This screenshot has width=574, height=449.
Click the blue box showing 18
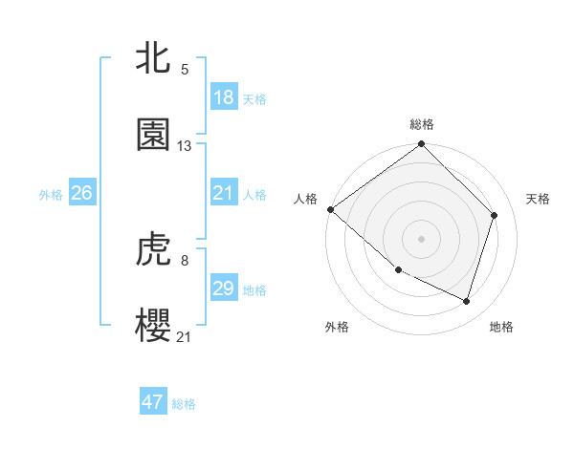(223, 97)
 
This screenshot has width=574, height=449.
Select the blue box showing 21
(223, 193)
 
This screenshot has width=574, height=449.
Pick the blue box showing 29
(223, 289)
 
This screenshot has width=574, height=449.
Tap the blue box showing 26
(82, 193)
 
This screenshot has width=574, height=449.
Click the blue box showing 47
(153, 402)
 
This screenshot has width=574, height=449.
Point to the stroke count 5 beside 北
(185, 70)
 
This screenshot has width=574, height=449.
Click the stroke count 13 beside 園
(185, 146)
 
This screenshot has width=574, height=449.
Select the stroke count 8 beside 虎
(185, 260)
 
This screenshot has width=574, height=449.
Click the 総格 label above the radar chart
(422, 124)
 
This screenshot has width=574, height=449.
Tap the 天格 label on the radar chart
(538, 199)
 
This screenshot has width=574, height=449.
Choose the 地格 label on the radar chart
(501, 327)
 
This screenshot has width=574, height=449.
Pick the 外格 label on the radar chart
(337, 327)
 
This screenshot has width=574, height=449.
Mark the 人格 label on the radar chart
(305, 199)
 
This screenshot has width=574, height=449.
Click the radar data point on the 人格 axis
(330, 209)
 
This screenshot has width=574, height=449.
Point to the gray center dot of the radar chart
(421, 238)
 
